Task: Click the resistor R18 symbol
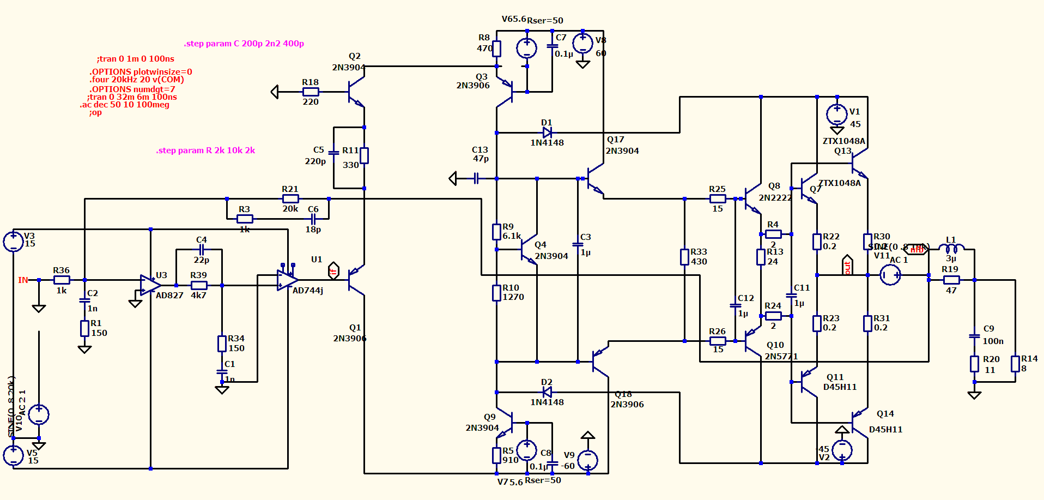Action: click(311, 92)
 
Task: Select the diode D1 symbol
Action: click(547, 132)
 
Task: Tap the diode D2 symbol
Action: click(547, 392)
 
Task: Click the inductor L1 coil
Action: click(951, 249)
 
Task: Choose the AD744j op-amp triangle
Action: click(287, 280)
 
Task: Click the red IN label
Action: click(23, 280)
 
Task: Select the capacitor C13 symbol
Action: click(476, 178)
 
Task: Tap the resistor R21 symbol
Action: click(290, 198)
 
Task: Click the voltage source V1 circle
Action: click(836, 115)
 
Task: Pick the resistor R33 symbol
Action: click(684, 257)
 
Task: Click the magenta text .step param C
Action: click(244, 44)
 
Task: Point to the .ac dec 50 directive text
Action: click(125, 105)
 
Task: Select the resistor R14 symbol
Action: click(1015, 364)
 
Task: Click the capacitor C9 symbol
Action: click(974, 336)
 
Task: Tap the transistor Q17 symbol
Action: click(595, 179)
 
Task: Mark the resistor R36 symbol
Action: click(62, 280)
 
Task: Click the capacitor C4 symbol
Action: click(201, 249)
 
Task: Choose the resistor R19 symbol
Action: click(951, 280)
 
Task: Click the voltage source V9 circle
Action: click(588, 460)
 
